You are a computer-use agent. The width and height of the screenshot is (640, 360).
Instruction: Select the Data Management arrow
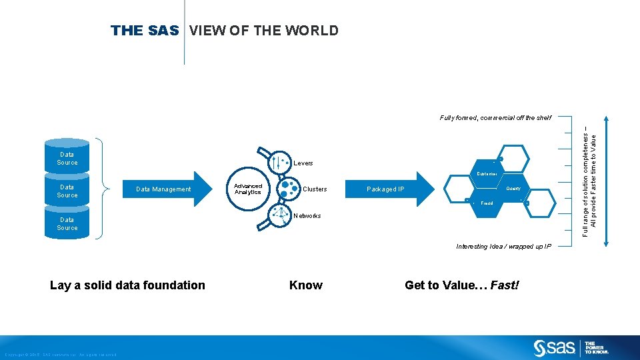(x=163, y=189)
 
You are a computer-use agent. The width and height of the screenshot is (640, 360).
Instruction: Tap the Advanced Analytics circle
(x=247, y=189)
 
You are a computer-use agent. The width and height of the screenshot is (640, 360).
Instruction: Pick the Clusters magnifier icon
(x=288, y=189)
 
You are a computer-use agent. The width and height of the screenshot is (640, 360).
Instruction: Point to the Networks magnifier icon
(x=278, y=216)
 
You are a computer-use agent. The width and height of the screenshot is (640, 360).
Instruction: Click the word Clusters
(x=315, y=189)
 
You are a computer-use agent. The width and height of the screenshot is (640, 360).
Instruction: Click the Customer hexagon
(x=487, y=174)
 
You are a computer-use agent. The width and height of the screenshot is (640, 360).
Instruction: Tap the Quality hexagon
(x=513, y=189)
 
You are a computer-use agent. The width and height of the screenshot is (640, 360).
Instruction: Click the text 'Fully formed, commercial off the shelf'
(x=495, y=118)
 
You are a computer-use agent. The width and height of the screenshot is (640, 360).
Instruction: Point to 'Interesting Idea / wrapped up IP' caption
(x=504, y=247)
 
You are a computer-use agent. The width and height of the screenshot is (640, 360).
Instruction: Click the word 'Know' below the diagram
(x=306, y=285)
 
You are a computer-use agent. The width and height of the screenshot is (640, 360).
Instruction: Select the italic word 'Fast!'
(x=504, y=285)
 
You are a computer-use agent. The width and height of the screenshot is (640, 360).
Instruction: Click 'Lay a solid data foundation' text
(x=127, y=285)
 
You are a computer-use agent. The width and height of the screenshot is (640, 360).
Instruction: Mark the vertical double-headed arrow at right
(x=605, y=181)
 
